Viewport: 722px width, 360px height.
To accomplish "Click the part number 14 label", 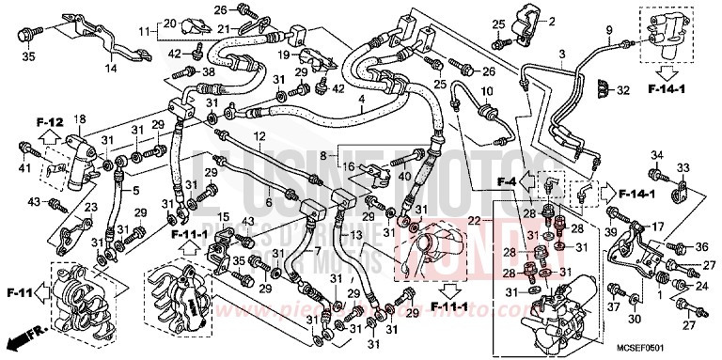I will tap(111, 70).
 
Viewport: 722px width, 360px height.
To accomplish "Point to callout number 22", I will tap(499, 220).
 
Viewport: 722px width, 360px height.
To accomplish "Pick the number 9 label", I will tap(608, 31).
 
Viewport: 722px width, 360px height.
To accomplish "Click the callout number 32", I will tap(622, 90).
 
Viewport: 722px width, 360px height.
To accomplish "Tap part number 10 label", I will tap(486, 90).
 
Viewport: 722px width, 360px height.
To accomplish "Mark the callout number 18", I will tap(80, 118).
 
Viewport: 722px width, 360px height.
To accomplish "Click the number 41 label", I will tap(23, 168).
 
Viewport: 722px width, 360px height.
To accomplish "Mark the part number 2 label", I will tap(552, 22).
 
